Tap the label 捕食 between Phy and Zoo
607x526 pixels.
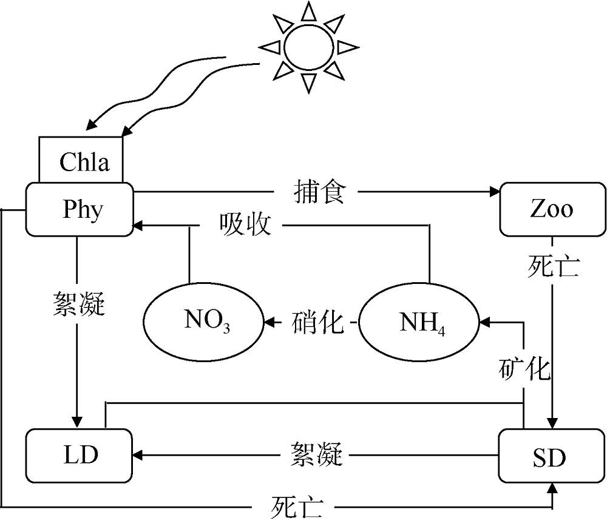click(x=319, y=192)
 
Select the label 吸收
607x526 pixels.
click(x=245, y=224)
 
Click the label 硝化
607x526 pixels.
click(x=317, y=322)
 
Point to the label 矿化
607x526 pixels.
click(x=524, y=369)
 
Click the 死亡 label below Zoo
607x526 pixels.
click(x=554, y=266)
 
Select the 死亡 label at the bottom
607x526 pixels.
click(x=296, y=506)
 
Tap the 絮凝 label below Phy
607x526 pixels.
click(x=79, y=304)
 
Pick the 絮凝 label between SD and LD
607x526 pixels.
click(x=317, y=454)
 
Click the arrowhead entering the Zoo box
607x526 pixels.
click(x=495, y=191)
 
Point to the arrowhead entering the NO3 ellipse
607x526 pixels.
click(x=269, y=322)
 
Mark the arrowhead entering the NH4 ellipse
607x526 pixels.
click(x=484, y=322)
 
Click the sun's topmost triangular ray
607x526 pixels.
click(x=308, y=11)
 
